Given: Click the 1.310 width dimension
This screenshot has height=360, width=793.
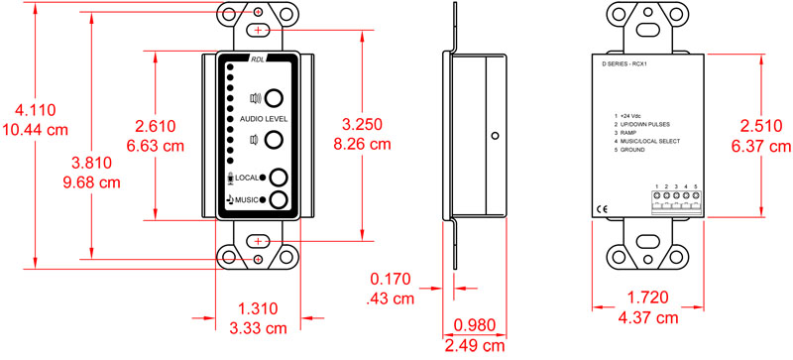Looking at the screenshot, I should [x=259, y=309].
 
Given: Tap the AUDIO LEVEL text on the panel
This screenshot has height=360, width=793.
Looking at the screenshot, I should [x=258, y=119].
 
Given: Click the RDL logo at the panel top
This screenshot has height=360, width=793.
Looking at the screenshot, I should [x=257, y=59].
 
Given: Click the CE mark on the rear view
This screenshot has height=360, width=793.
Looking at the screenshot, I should [x=603, y=208].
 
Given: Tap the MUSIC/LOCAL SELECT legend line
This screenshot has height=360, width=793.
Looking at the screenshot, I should [x=652, y=140].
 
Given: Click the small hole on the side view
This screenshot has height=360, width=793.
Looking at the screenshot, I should [x=493, y=134].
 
